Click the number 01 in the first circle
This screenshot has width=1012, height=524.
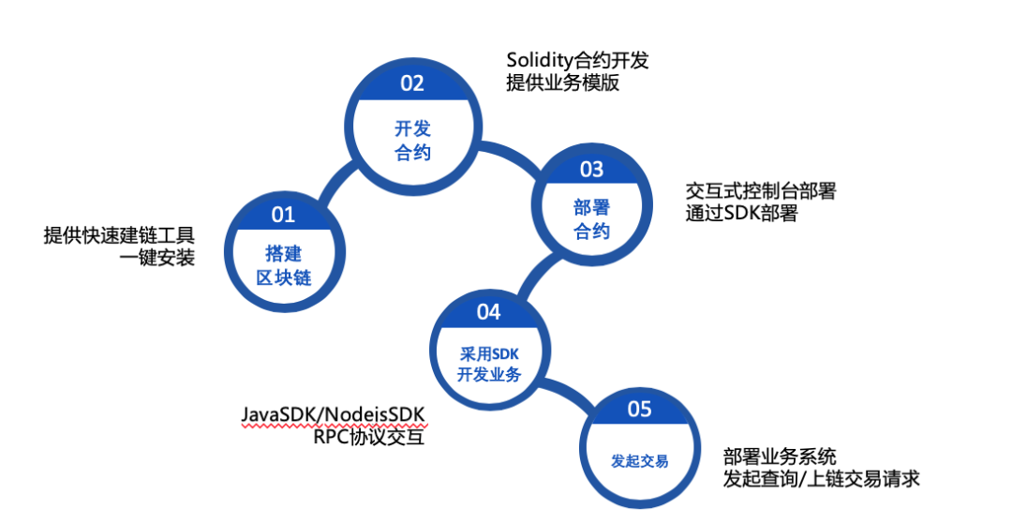pyautogui.click(x=283, y=215)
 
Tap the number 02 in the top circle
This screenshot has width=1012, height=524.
pyautogui.click(x=412, y=83)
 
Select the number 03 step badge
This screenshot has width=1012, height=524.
pyautogui.click(x=591, y=170)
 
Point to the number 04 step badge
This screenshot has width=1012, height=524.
pyautogui.click(x=488, y=311)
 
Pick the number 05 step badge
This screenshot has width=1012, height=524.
pyautogui.click(x=639, y=409)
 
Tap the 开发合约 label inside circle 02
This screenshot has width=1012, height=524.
pyautogui.click(x=412, y=141)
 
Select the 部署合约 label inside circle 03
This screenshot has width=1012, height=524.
pyautogui.click(x=591, y=219)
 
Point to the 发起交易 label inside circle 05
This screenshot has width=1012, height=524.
pyautogui.click(x=639, y=461)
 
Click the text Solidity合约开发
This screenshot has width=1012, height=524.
pyautogui.click(x=577, y=61)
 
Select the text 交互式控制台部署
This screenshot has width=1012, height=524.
pyautogui.click(x=760, y=191)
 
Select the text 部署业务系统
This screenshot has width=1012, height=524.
pyautogui.click(x=780, y=457)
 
